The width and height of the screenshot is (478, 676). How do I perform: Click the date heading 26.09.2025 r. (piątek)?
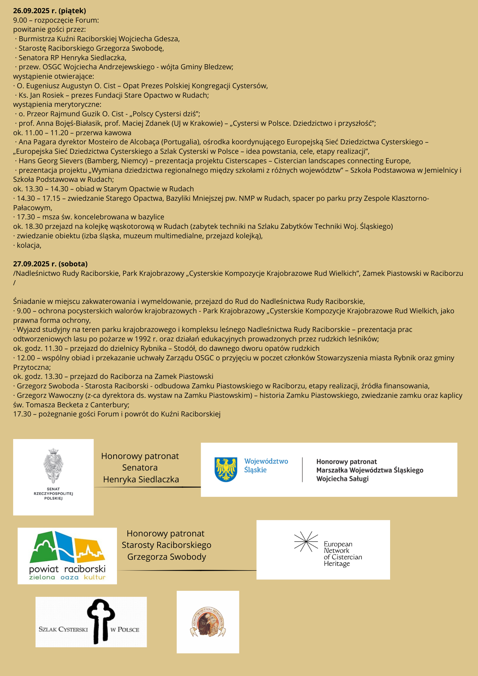pos(49,11)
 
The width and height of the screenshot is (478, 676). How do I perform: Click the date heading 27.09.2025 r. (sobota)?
pos(50,264)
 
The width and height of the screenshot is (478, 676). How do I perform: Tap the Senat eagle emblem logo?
pos(53,465)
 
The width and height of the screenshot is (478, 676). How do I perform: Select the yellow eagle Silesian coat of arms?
pos(226,469)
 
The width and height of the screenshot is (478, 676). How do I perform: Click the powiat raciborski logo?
pos(67,556)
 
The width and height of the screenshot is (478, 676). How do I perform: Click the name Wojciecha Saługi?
pos(342,479)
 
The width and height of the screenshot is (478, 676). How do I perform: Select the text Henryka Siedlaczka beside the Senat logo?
pos(141,479)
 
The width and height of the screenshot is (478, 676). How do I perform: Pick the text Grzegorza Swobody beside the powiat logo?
pos(167,557)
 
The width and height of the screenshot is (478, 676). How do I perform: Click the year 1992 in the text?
pos(143,339)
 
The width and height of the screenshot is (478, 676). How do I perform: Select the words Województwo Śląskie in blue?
pos(266,465)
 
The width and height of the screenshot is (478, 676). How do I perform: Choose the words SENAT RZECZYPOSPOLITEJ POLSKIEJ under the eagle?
pos(53,493)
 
